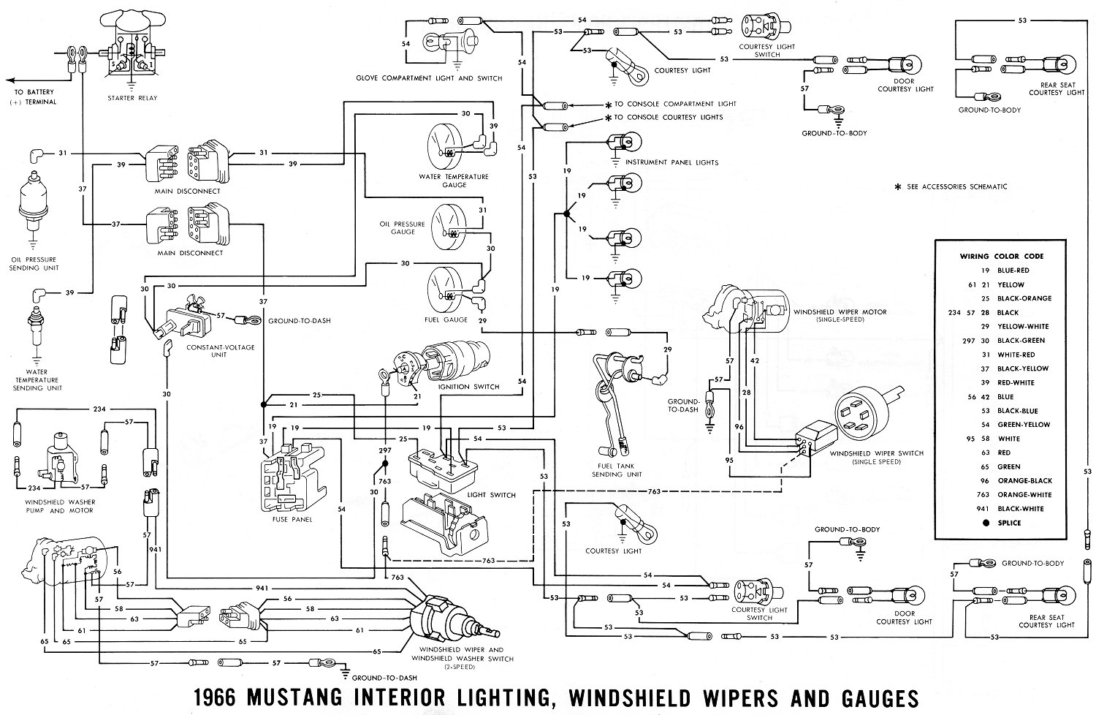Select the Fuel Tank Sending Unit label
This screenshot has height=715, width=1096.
[x=617, y=469]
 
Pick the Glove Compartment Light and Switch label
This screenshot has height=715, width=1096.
[x=429, y=78]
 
